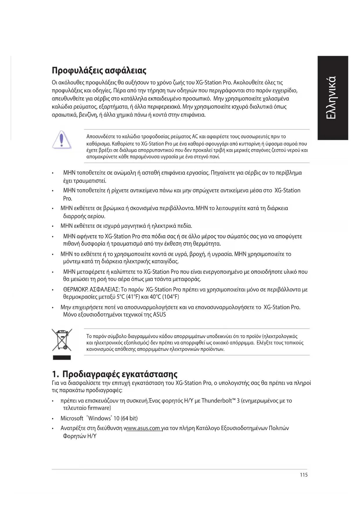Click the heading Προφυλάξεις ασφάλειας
99,70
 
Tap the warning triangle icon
61,140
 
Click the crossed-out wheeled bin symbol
62,340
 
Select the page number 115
304,475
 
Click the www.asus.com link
142,428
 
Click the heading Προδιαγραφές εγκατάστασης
120,374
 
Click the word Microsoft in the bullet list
72,418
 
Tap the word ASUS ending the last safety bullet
159,315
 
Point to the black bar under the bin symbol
62,358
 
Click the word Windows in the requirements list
100,418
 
